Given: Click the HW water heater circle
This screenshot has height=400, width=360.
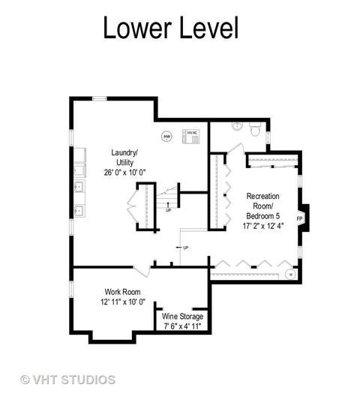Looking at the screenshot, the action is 166,137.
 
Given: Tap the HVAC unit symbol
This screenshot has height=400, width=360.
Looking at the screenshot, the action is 191,137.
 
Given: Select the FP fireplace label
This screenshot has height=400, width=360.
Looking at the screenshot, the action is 299,218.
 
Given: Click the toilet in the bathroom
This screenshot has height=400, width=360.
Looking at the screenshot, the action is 255,129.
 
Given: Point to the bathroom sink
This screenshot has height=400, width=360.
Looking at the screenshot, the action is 237,126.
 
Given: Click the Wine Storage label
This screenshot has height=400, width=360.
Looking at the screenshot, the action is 182,317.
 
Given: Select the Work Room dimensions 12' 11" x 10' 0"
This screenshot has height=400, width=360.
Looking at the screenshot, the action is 123,302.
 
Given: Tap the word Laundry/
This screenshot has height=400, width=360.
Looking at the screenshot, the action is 124,152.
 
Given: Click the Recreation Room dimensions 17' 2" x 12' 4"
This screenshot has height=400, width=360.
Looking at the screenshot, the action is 263,226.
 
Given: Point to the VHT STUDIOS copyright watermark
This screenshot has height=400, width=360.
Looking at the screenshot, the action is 67,380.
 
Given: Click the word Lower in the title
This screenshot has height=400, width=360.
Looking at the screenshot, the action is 137,27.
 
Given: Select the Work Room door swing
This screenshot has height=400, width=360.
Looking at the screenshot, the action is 142,271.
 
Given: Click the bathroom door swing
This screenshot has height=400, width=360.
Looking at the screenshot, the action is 236,149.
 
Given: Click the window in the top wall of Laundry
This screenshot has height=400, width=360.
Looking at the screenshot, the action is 100,98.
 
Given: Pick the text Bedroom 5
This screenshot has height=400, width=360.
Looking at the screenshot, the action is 262,216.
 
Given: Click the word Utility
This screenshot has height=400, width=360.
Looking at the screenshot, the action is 124,163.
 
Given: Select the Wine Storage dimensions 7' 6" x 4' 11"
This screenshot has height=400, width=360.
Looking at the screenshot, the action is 182,326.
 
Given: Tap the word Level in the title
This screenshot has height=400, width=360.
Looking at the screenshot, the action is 209,27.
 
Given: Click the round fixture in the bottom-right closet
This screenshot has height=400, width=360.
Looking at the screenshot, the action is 290,274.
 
